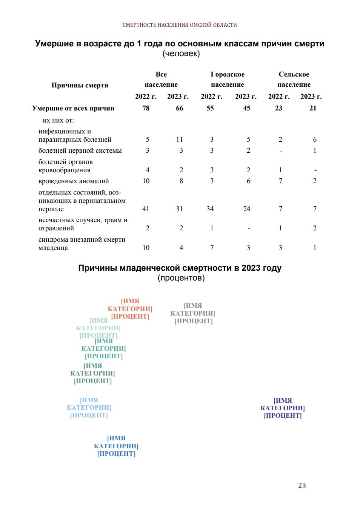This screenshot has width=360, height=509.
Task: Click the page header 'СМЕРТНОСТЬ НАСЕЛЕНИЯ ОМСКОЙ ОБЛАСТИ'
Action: pos(180,25)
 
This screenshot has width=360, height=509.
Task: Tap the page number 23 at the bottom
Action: pos(302,486)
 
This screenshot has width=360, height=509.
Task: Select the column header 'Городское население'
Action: pos(228,79)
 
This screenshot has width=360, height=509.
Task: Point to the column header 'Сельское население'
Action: pos(294,79)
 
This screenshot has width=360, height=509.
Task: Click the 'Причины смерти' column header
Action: pos(80,85)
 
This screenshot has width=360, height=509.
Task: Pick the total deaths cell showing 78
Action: pos(146,108)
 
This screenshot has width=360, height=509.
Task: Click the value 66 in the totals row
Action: pos(179,108)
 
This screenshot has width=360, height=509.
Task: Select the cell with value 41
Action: pos(146,209)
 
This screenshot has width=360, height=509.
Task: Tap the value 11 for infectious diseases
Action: pos(179,139)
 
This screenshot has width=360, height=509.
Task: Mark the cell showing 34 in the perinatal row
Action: pos(210,209)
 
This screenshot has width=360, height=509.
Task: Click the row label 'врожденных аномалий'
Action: pos(74,181)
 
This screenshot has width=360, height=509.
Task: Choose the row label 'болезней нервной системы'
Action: pos(80,150)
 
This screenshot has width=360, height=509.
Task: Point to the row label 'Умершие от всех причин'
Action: pos(73,108)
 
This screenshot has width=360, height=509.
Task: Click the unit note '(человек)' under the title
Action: pos(181,54)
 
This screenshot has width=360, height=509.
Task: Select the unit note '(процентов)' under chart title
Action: pos(181,277)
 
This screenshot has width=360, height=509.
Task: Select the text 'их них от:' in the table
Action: pos(58,120)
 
